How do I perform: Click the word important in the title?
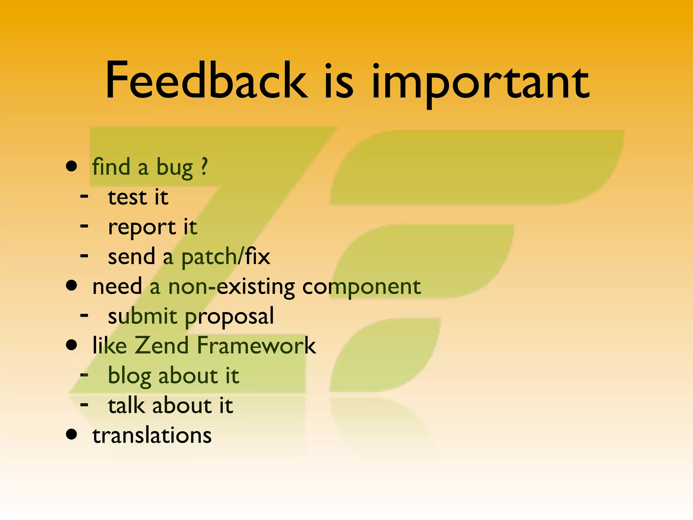pyautogui.click(x=480, y=83)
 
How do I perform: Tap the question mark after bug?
pyautogui.click(x=204, y=167)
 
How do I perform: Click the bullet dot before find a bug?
pyautogui.click(x=71, y=166)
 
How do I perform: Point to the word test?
pyautogui.click(x=127, y=197)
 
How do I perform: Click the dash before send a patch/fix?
pyautogui.click(x=84, y=256)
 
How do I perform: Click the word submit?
pyautogui.click(x=142, y=316)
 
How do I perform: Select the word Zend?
pyautogui.click(x=162, y=346)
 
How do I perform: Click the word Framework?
pyautogui.click(x=256, y=346)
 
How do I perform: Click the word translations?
pyautogui.click(x=152, y=435)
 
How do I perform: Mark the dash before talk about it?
pyautogui.click(x=84, y=404)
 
